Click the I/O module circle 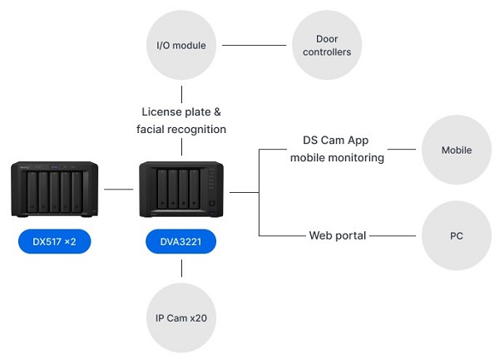tap(181, 44)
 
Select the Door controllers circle tap(327, 44)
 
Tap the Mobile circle tap(457, 150)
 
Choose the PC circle tap(457, 235)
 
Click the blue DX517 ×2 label tap(55, 243)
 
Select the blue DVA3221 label tap(181, 243)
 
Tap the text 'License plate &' tap(181, 111)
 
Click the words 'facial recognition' tap(181, 129)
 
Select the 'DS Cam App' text tap(337, 141)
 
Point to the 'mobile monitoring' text tap(337, 157)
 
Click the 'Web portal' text tap(337, 235)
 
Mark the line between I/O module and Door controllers tap(254, 44)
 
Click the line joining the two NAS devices tap(118, 190)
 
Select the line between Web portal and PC tap(393, 235)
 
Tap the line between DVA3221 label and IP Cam tap(181, 269)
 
